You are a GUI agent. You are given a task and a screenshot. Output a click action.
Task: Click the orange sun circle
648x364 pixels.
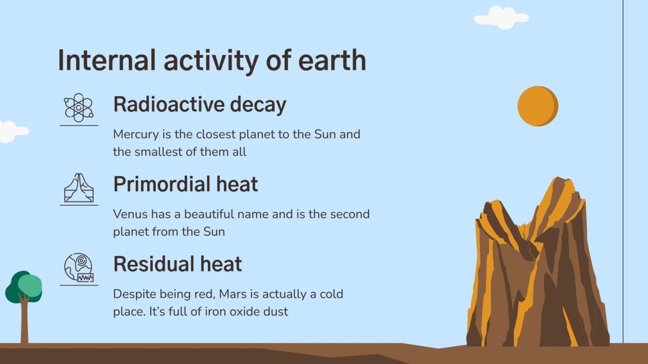click(538, 106)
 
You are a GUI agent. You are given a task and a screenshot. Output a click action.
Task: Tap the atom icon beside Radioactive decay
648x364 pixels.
click(78, 107)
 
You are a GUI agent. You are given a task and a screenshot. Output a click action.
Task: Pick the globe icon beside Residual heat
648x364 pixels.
click(78, 267)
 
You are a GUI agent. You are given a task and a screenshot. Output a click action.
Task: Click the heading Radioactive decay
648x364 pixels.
click(200, 104)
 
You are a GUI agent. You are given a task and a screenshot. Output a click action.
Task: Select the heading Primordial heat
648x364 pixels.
click(185, 185)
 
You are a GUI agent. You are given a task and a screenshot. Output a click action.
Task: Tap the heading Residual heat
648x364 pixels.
click(177, 264)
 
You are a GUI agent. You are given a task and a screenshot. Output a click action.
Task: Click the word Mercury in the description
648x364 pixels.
click(134, 134)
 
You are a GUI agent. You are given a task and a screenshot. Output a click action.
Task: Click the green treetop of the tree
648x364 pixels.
click(24, 287)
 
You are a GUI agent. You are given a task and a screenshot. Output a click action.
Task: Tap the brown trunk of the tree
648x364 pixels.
click(24, 324)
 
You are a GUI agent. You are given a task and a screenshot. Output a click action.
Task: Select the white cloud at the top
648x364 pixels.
click(501, 18)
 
